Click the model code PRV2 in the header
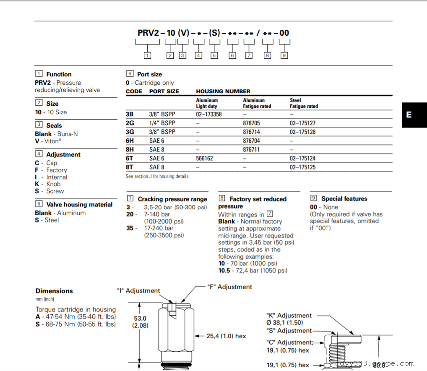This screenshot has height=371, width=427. [148, 33]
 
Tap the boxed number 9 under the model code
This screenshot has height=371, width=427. [284, 55]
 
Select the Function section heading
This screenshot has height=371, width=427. [59, 74]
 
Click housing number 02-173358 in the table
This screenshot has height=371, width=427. [208, 114]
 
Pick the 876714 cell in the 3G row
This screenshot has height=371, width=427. [251, 132]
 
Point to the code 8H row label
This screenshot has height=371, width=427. [130, 149]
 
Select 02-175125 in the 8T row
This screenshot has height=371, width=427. [302, 167]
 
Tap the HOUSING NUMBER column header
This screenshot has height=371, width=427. [223, 91]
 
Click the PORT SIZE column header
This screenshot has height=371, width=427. [164, 91]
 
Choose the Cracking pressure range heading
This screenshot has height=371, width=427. [172, 199]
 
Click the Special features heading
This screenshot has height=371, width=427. [344, 199]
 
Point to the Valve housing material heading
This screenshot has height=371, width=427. [79, 204]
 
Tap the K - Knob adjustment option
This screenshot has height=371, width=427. [48, 184]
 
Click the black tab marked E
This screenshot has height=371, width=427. [414, 115]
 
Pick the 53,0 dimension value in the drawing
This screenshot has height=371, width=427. [140, 318]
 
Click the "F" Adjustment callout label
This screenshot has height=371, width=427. [229, 287]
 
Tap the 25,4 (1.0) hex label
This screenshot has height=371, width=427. [226, 336]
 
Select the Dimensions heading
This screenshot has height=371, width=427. [54, 291]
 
